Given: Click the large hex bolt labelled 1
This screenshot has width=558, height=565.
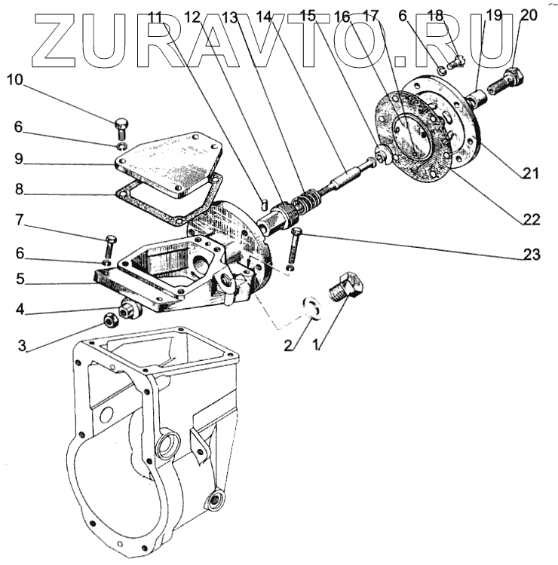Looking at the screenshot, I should (x=347, y=289).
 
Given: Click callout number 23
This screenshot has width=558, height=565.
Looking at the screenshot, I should (x=532, y=255).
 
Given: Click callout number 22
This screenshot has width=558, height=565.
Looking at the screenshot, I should (x=532, y=220).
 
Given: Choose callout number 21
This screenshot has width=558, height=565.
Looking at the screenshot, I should (x=532, y=173).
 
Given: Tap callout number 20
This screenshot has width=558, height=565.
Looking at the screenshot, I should (x=529, y=14).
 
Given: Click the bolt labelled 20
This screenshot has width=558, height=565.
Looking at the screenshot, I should (x=507, y=80).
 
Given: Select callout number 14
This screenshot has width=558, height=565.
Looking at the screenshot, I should (x=265, y=14).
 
